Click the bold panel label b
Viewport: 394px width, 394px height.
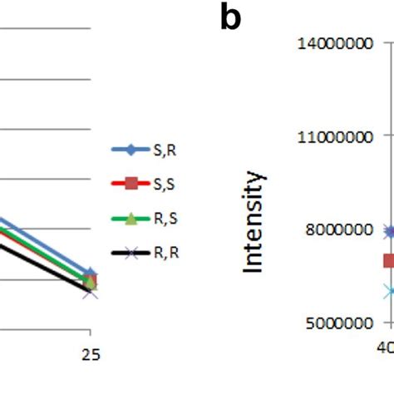click(x=230, y=18)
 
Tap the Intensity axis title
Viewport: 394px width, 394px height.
click(x=253, y=222)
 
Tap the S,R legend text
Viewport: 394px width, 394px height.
click(x=166, y=150)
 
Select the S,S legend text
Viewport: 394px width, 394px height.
click(x=166, y=184)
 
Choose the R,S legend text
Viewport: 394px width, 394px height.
click(x=166, y=219)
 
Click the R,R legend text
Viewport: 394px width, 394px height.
click(x=166, y=253)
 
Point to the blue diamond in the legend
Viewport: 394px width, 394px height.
click(x=131, y=150)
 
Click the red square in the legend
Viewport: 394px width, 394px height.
click(x=131, y=184)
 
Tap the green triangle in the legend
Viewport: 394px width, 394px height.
click(x=131, y=219)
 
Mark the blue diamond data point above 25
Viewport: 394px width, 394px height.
click(x=91, y=273)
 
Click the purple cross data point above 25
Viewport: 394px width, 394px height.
click(x=91, y=292)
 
